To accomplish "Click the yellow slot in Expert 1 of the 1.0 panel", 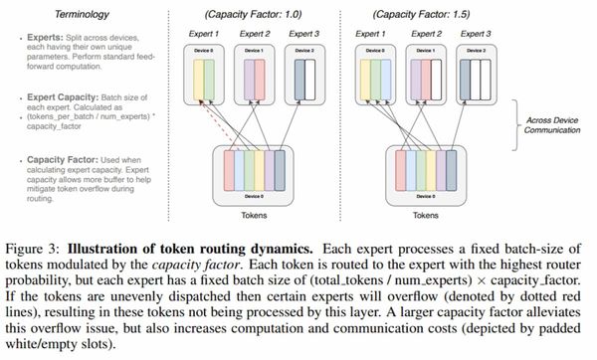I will pyautogui.click(x=204, y=79).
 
